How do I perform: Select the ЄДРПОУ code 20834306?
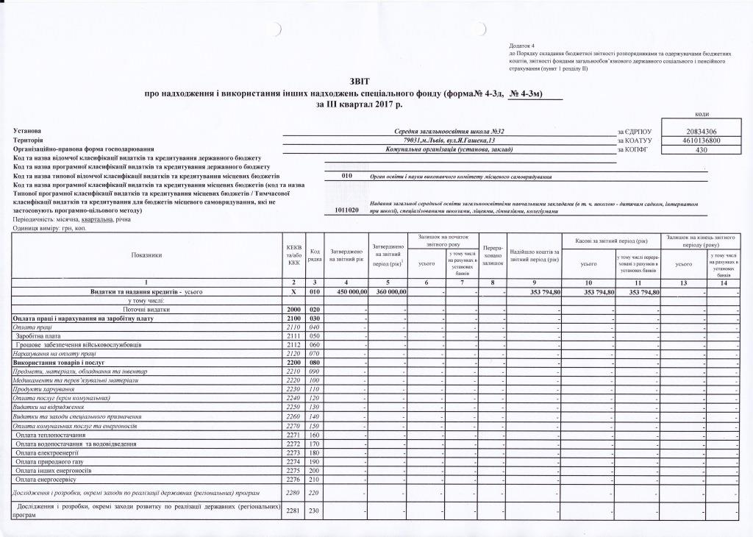(x=702, y=130)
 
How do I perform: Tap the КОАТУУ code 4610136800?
(x=702, y=140)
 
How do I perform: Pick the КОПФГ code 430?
(x=702, y=149)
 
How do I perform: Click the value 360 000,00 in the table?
(x=388, y=292)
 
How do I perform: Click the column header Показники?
(x=146, y=255)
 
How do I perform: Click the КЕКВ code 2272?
(x=293, y=444)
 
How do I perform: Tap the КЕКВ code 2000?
(x=293, y=309)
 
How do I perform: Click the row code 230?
(x=314, y=511)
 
